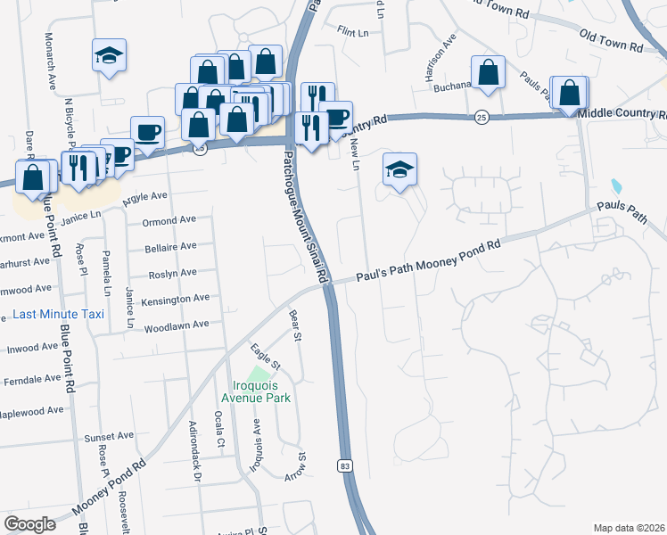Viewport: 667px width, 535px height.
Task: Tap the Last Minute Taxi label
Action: [x=59, y=314]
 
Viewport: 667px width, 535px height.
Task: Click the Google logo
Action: [x=29, y=523]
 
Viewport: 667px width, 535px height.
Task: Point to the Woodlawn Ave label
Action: [x=175, y=325]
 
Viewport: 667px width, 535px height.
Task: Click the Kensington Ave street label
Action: [x=175, y=298]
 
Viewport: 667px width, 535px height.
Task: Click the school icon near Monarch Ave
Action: [x=110, y=55]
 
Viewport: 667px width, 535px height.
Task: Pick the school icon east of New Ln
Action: [x=400, y=169]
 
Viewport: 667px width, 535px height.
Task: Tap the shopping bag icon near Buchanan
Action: [x=489, y=73]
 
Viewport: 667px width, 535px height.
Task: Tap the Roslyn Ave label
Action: [x=174, y=273]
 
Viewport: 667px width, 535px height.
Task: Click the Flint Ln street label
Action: [x=353, y=31]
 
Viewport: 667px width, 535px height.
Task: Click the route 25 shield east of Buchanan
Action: [x=482, y=117]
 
